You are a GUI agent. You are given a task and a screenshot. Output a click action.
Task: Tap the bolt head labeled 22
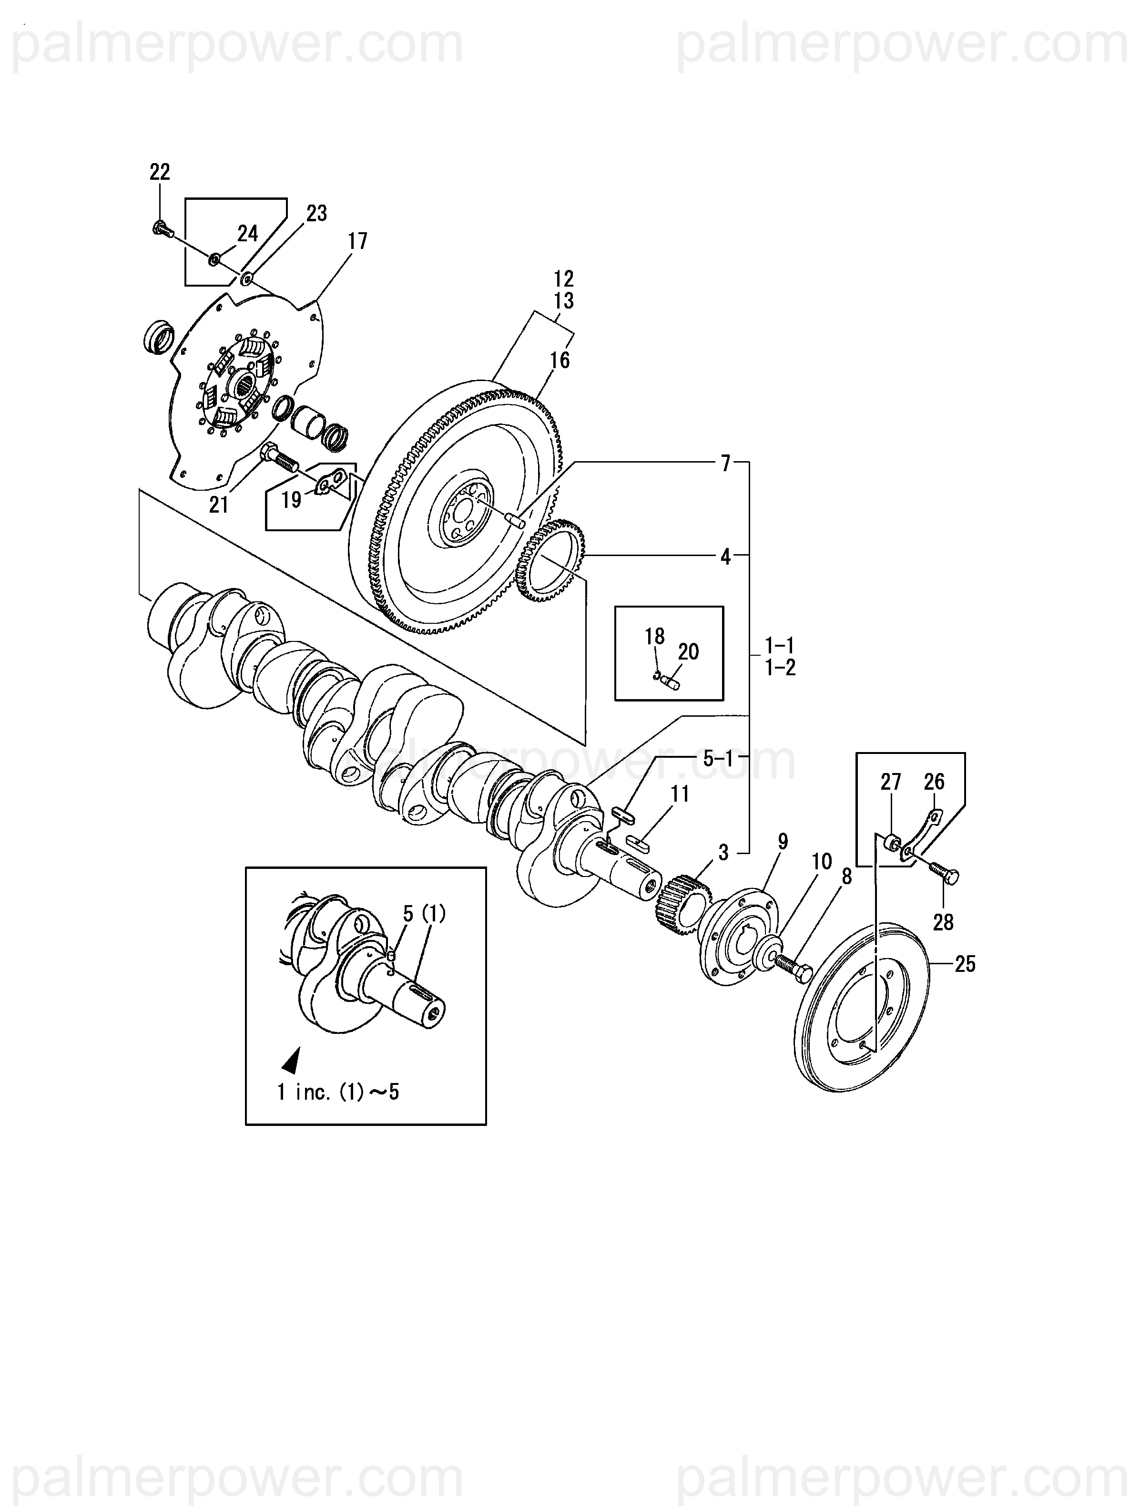[x=161, y=228]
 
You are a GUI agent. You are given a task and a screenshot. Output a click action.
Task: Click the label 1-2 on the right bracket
[x=780, y=668]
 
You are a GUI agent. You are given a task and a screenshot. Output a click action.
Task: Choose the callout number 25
[x=965, y=964]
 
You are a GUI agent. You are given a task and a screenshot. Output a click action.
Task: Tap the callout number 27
[x=890, y=782]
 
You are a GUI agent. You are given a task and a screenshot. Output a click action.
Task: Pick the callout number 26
[x=935, y=782]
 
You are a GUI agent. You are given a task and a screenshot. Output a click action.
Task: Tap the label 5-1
[x=717, y=758]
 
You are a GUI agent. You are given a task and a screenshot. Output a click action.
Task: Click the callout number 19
[x=291, y=500]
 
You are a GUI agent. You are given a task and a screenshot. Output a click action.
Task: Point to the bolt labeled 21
[x=278, y=455]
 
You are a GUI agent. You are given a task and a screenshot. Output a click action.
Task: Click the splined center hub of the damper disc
[x=244, y=385]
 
